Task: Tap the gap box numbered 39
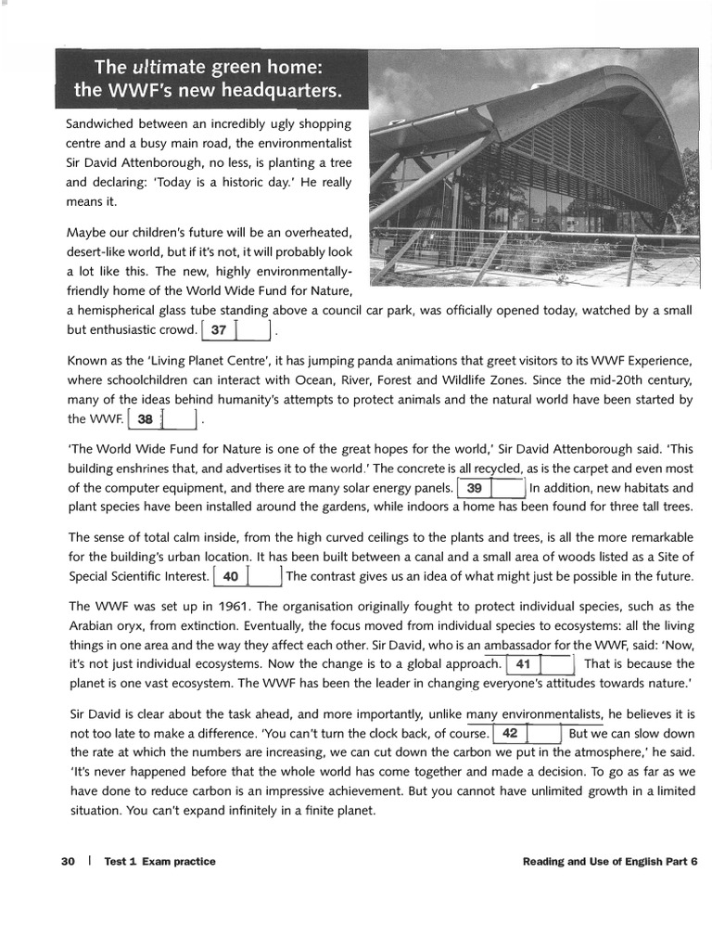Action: [x=491, y=488]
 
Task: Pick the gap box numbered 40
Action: [x=248, y=577]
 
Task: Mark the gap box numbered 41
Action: [x=540, y=664]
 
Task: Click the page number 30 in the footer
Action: [x=68, y=862]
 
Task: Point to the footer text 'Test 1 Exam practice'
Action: [x=159, y=862]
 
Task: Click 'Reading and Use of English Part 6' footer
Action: [x=609, y=862]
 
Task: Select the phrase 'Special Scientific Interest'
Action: [x=138, y=577]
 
